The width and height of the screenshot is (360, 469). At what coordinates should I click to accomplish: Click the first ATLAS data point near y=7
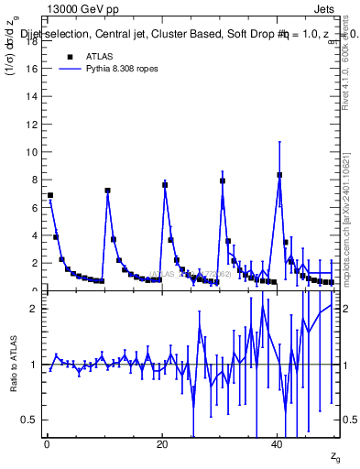[50, 195]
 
